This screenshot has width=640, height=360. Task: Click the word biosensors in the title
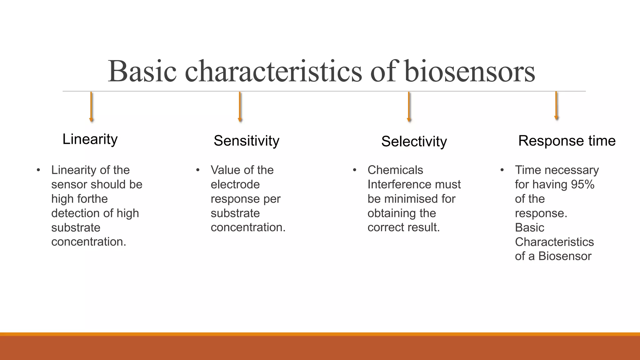(469, 72)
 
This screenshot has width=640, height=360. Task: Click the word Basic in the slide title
(142, 72)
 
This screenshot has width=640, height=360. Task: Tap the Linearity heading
(90, 139)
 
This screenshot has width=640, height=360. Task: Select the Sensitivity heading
(246, 141)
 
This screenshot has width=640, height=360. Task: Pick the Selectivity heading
(414, 142)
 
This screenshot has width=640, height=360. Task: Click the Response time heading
(567, 141)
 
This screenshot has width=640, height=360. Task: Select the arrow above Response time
(556, 106)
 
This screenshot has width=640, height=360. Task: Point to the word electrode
(235, 185)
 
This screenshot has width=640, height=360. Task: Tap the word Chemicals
(395, 170)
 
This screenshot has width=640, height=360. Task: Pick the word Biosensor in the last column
(565, 256)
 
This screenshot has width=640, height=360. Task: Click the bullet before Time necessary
(502, 170)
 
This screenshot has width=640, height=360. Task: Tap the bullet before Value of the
(197, 170)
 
